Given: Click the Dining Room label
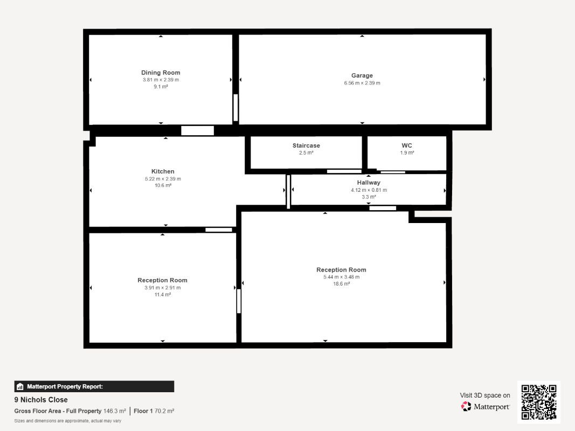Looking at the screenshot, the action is pyautogui.click(x=161, y=73).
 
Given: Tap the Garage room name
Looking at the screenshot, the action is pyautogui.click(x=362, y=75).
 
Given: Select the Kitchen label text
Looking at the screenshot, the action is pyautogui.click(x=163, y=171).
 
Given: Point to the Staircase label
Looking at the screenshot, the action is pyautogui.click(x=306, y=145).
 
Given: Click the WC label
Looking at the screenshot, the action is pyautogui.click(x=407, y=145).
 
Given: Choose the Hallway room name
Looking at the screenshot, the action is pyautogui.click(x=369, y=183).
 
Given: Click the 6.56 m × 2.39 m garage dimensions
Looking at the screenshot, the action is pyautogui.click(x=362, y=83).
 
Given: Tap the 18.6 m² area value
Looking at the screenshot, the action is pyautogui.click(x=342, y=284).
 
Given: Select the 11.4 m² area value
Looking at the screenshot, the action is pyautogui.click(x=162, y=294).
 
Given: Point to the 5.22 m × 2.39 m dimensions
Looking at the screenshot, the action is pyautogui.click(x=163, y=179).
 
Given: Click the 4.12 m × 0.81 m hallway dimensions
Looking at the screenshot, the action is pyautogui.click(x=369, y=190).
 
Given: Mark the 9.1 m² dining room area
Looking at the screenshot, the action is pyautogui.click(x=161, y=87).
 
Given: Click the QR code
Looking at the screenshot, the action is pyautogui.click(x=539, y=402).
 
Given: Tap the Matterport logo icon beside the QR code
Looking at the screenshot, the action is pyautogui.click(x=466, y=406).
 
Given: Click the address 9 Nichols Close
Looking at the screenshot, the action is pyautogui.click(x=41, y=399).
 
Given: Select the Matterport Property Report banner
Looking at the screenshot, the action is pyautogui.click(x=94, y=386).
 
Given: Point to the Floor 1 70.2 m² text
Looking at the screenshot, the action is pyautogui.click(x=154, y=411).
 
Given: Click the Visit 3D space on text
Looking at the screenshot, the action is pyautogui.click(x=485, y=395).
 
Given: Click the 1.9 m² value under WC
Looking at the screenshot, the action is pyautogui.click(x=407, y=153).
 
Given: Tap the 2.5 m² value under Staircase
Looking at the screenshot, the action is pyautogui.click(x=306, y=153).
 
